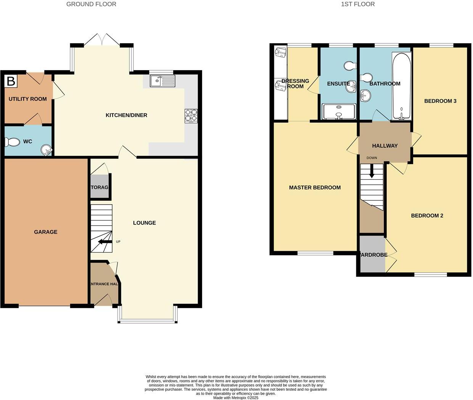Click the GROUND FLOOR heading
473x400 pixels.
[91, 4]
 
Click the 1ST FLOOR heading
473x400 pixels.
[357, 4]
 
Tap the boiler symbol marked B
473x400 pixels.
[11, 81]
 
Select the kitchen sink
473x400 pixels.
[162, 81]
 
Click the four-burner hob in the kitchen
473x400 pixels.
[191, 116]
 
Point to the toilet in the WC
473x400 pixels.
[12, 142]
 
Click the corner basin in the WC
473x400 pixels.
[46, 150]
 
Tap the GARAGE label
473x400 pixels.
[45, 232]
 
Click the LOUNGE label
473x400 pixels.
[144, 223]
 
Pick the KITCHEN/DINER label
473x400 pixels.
[126, 115]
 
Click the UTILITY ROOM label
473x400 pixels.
[27, 99]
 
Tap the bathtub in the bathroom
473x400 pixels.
[401, 86]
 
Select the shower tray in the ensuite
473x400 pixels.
[339, 112]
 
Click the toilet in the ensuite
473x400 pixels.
[349, 66]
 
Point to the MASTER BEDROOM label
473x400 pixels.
[315, 187]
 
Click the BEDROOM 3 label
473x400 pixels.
[440, 101]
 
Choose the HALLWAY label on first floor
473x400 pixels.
[385, 146]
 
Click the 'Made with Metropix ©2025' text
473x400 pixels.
[236, 398]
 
